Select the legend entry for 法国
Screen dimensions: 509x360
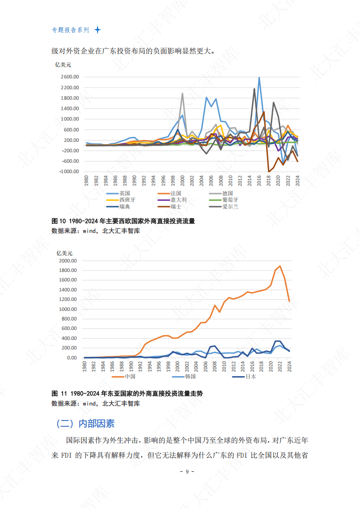click(176, 193)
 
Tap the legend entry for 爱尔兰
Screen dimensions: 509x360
click(230, 206)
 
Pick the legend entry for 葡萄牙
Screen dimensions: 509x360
click(230, 199)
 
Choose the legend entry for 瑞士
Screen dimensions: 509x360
click(176, 206)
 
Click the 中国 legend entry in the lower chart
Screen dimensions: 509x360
click(130, 376)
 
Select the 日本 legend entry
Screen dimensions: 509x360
click(251, 376)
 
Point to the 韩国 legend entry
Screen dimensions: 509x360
click(190, 376)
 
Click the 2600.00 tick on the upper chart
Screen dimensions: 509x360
click(69, 77)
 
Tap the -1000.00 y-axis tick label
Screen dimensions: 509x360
click(69, 172)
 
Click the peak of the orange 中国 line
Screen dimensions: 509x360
click(280, 266)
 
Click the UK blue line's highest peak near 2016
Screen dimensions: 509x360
click(259, 78)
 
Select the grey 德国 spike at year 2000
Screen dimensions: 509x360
click(182, 94)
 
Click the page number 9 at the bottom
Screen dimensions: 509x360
click(187, 471)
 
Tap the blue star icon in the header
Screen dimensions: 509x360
click(97, 30)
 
